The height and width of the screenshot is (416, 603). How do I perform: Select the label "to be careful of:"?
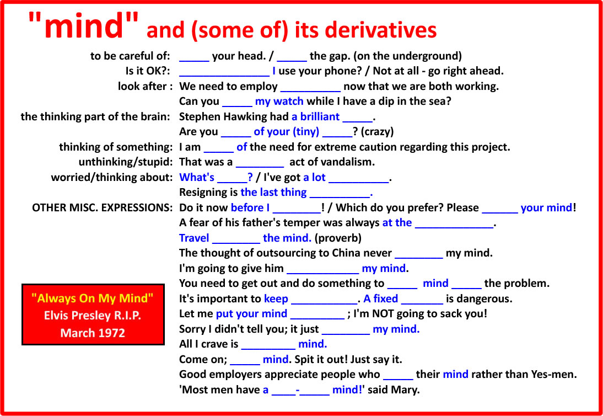tap(130, 56)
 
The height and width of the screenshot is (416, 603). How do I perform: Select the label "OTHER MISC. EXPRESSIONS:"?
tap(102, 208)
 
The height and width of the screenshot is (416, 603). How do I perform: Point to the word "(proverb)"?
tap(338, 238)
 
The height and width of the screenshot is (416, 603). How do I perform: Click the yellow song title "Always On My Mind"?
tap(93, 298)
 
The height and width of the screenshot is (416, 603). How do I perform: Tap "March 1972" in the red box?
tap(93, 333)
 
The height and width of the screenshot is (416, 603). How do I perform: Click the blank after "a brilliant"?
tap(357, 121)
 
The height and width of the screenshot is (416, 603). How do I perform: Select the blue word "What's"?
tap(197, 178)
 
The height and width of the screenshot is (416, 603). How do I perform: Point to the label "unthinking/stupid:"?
tap(125, 162)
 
